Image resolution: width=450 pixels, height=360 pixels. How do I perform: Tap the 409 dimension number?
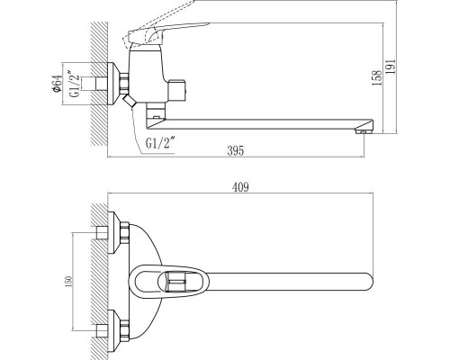(x=238, y=187)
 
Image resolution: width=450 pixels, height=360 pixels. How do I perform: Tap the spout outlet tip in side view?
(x=364, y=131)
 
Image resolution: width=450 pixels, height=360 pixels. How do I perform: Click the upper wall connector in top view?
(x=114, y=233)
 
